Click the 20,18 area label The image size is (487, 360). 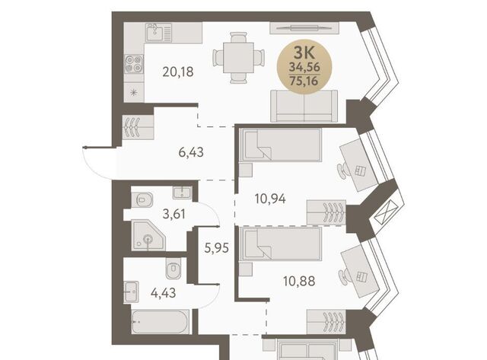178,72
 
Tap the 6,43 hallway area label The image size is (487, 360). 191,152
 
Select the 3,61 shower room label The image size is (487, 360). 174,214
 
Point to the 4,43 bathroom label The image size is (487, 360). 163,292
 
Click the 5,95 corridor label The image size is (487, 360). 216,248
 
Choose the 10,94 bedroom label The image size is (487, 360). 270,199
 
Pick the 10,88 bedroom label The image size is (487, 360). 299,281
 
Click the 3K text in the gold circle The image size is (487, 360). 304,53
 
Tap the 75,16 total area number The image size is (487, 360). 304,81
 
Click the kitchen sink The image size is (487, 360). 158,32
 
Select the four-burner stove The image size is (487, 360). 134,64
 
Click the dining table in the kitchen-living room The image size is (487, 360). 238,58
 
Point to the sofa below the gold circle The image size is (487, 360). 304,106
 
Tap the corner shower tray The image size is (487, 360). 148,235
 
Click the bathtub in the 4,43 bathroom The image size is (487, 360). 160,322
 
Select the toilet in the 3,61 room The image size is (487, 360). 142,199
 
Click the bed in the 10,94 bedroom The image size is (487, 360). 280,145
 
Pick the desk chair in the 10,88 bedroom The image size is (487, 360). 343,276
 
